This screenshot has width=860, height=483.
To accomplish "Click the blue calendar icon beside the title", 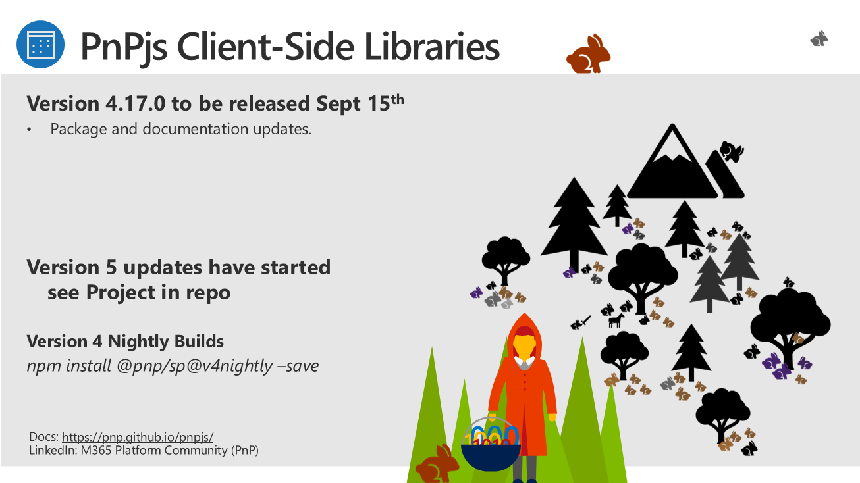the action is point(40,45).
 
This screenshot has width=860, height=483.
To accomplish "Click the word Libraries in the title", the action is point(432,47).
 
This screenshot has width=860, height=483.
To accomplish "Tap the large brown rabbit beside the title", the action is point(588,54).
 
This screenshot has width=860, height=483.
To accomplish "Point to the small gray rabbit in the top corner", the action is point(819,39).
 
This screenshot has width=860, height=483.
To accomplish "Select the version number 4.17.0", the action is point(136,103).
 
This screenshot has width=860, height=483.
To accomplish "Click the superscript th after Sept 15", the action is point(398,100).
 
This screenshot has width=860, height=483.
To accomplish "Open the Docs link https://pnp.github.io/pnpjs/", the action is point(138,437).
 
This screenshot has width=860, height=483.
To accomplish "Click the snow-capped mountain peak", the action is point(672,161).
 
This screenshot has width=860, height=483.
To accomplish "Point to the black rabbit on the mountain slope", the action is point(732,151).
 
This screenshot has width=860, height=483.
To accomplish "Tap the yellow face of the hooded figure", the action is point(524,346).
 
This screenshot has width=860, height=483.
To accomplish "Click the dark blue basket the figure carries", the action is point(491,457).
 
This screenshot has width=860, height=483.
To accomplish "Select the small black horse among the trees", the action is point(616,320).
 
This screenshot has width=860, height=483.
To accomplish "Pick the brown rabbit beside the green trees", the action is point(437,464).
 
